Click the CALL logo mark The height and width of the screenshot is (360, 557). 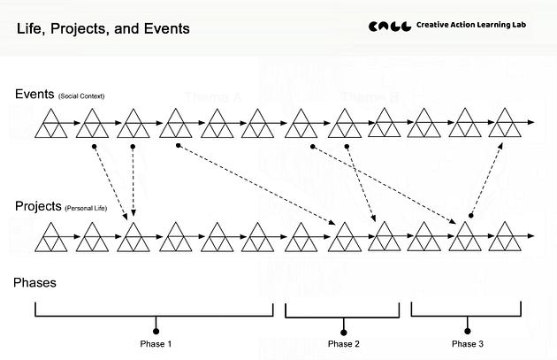pyautogui.click(x=388, y=27)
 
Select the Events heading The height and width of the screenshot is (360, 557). pyautogui.click(x=34, y=94)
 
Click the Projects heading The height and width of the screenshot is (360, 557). pyautogui.click(x=38, y=206)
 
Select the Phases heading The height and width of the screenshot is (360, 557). pyautogui.click(x=35, y=283)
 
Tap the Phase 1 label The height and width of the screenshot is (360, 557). pyautogui.click(x=156, y=343)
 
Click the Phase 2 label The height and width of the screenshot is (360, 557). pyautogui.click(x=344, y=343)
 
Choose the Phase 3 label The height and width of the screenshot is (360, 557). pyautogui.click(x=468, y=343)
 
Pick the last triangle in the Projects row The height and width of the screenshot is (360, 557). pyautogui.click(x=506, y=236)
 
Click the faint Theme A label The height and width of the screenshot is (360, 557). pyautogui.click(x=214, y=96)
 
